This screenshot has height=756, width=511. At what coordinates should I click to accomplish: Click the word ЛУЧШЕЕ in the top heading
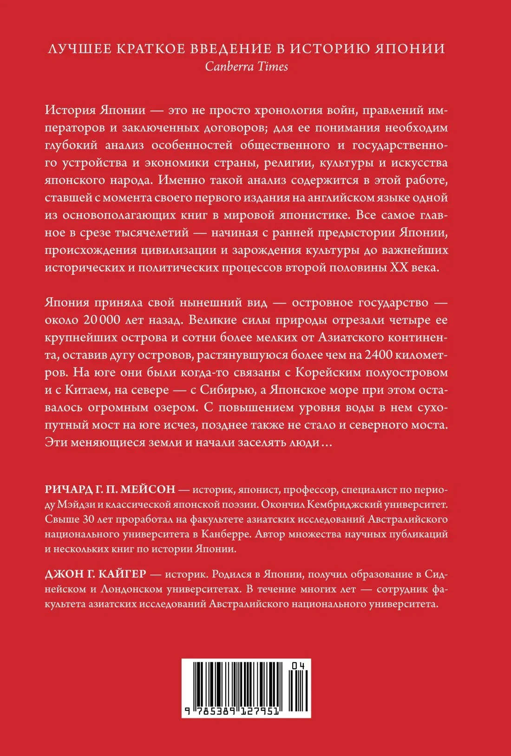coord(75,49)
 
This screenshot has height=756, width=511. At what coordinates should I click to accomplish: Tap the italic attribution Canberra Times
coord(247,66)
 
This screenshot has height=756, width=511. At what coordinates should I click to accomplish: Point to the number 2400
coord(381,355)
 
